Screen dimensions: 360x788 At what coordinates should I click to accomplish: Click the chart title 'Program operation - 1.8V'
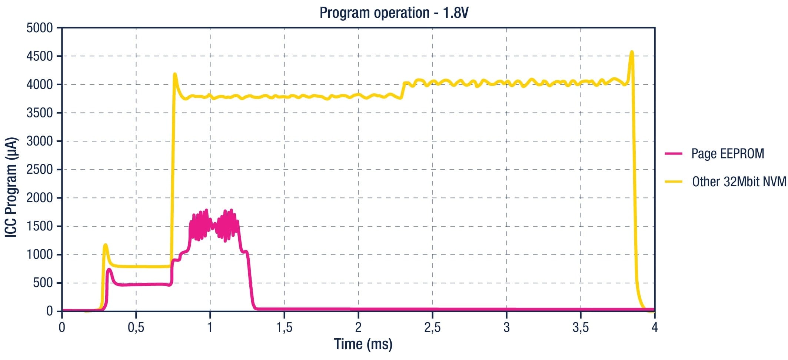pyautogui.click(x=394, y=13)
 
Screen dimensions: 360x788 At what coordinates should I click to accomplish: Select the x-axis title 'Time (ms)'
pyautogui.click(x=363, y=344)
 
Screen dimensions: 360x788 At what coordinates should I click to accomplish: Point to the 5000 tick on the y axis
pyautogui.click(x=39, y=28)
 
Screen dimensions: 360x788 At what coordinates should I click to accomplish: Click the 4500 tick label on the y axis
pyautogui.click(x=39, y=56)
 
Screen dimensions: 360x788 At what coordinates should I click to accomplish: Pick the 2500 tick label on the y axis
pyautogui.click(x=39, y=170)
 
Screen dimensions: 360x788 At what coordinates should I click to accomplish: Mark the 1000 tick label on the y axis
pyautogui.click(x=39, y=254)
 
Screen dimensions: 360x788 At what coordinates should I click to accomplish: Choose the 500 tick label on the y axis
pyautogui.click(x=43, y=283)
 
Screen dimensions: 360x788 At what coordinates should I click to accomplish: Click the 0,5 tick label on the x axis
pyautogui.click(x=136, y=327)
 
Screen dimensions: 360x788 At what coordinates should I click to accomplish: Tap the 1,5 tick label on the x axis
pyautogui.click(x=284, y=327)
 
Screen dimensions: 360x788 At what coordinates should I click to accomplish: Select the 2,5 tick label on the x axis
pyautogui.click(x=432, y=327)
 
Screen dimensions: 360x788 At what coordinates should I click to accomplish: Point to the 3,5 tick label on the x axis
pyautogui.click(x=581, y=327)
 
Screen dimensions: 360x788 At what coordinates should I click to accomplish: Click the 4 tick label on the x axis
pyautogui.click(x=655, y=327)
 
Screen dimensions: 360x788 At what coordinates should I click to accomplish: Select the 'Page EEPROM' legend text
pyautogui.click(x=728, y=153)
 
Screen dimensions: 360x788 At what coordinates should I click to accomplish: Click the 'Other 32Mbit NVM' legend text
pyautogui.click(x=739, y=181)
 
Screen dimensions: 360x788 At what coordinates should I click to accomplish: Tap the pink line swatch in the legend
pyautogui.click(x=674, y=153)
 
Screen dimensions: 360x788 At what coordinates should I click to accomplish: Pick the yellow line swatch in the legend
pyautogui.click(x=674, y=181)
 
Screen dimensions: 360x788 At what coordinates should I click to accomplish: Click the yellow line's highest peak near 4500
pyautogui.click(x=632, y=52)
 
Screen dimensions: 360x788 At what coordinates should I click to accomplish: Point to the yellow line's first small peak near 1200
pyautogui.click(x=106, y=245)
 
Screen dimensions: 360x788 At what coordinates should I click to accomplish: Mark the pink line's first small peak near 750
pyautogui.click(x=109, y=269)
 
